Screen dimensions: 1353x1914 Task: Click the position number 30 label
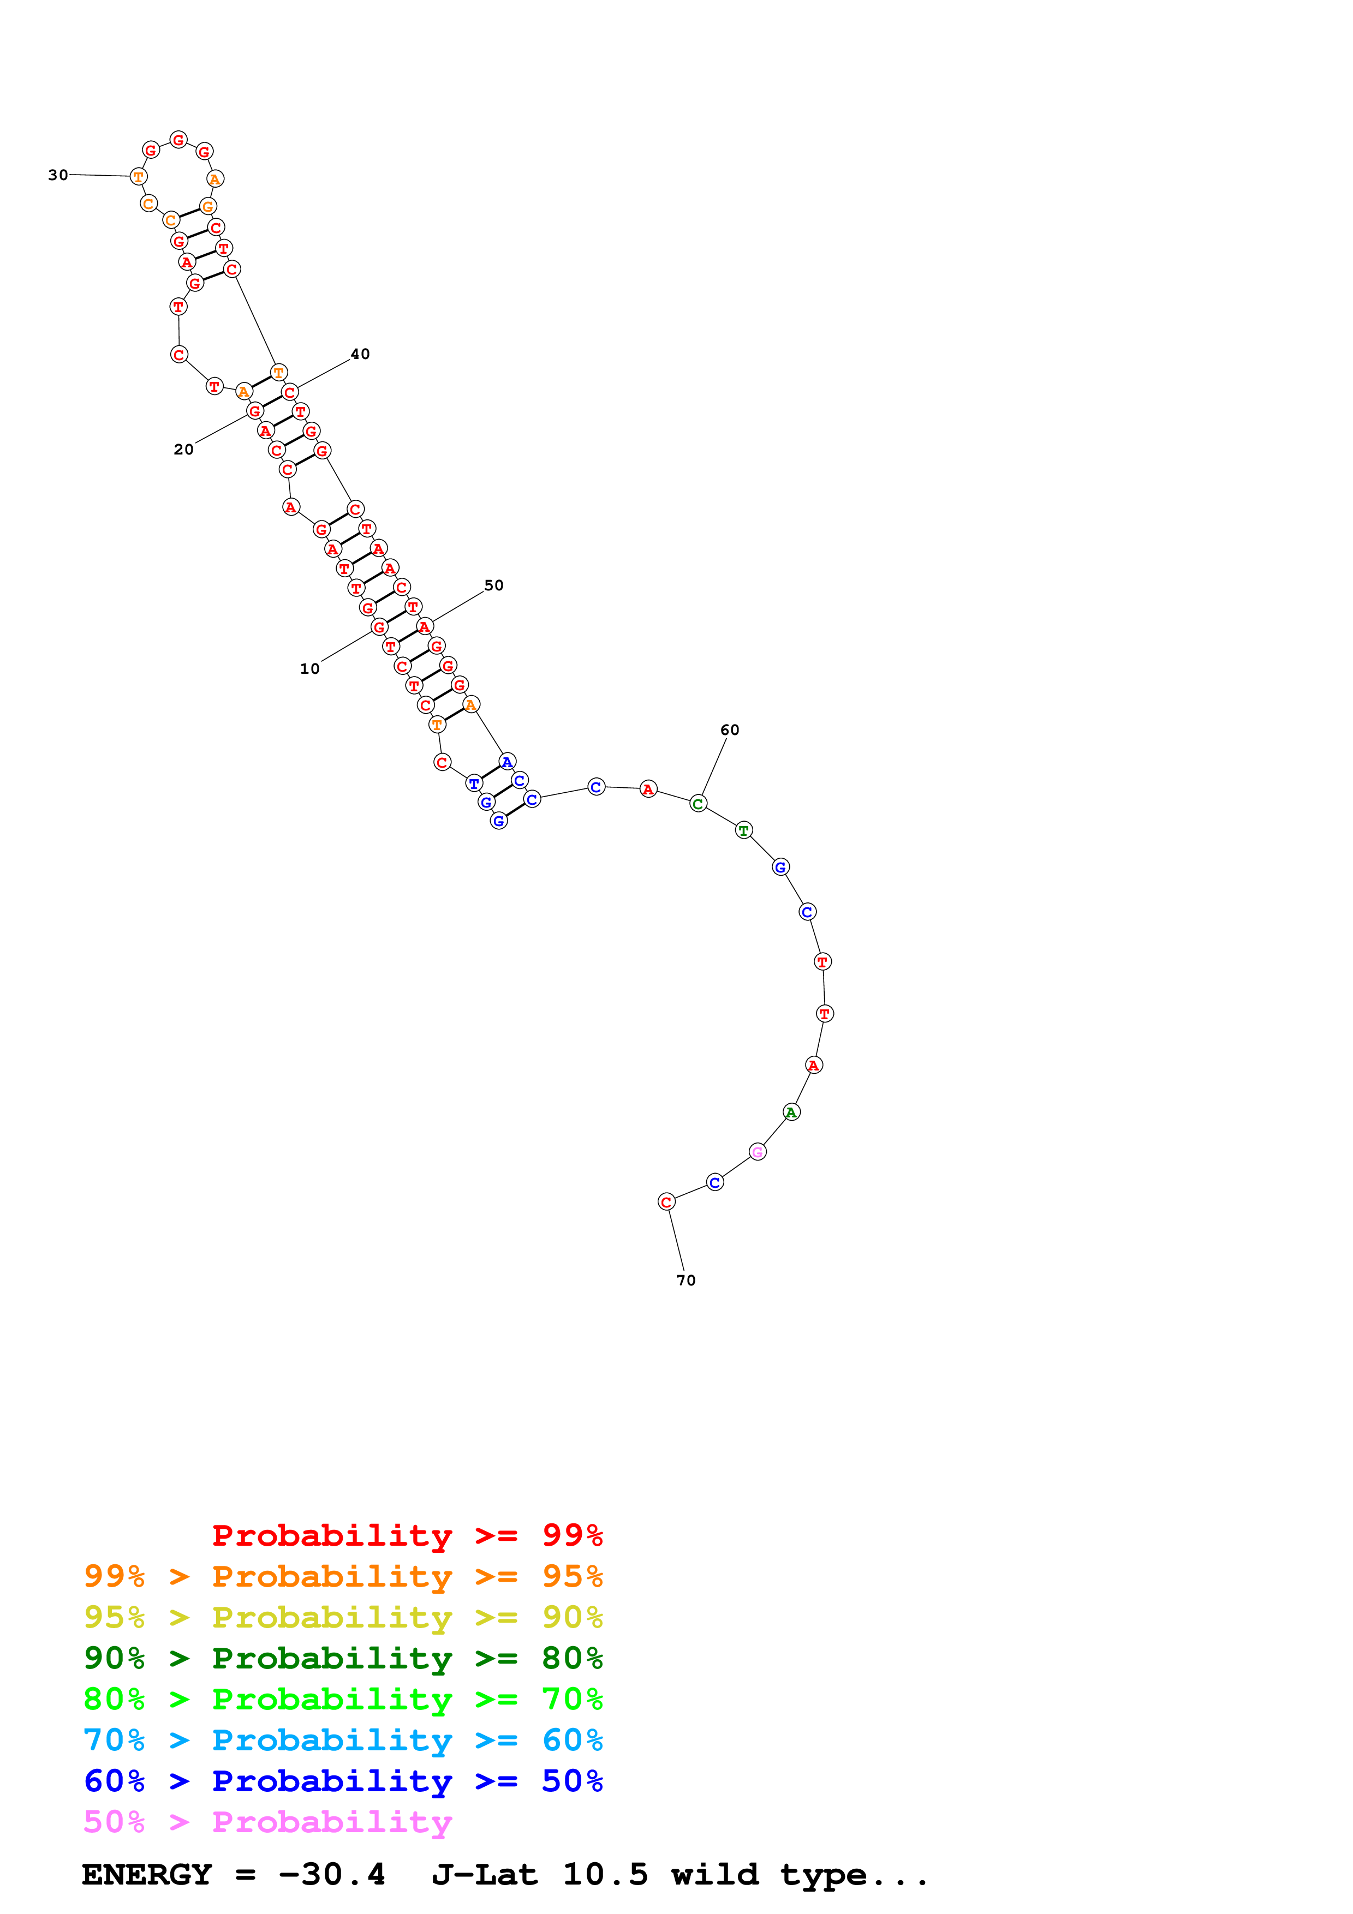[x=57, y=175]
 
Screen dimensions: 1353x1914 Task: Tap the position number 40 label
[x=360, y=354]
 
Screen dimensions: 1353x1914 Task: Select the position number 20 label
[x=183, y=450]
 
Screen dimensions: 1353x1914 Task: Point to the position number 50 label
[x=493, y=585]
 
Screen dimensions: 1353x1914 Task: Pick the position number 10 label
[x=309, y=668]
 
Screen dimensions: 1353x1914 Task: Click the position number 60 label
[x=729, y=729]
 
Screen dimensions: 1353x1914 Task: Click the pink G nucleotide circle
[x=757, y=1152]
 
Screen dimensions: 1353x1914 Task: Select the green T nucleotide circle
[x=743, y=830]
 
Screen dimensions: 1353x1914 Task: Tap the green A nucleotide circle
[x=791, y=1112]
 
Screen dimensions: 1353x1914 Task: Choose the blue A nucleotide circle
[x=507, y=762]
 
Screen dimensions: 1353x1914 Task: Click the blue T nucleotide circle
[x=474, y=783]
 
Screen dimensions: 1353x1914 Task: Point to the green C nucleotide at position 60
[x=698, y=804]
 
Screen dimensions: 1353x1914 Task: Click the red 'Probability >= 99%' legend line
[x=407, y=1535]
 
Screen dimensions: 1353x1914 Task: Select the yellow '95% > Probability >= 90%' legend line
[x=343, y=1617]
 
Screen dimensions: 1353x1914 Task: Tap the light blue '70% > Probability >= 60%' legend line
[x=343, y=1740]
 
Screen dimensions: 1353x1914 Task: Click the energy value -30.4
[x=332, y=1875]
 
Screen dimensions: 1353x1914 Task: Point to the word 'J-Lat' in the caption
[x=484, y=1875]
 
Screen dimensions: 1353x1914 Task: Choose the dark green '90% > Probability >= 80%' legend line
[x=343, y=1658]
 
